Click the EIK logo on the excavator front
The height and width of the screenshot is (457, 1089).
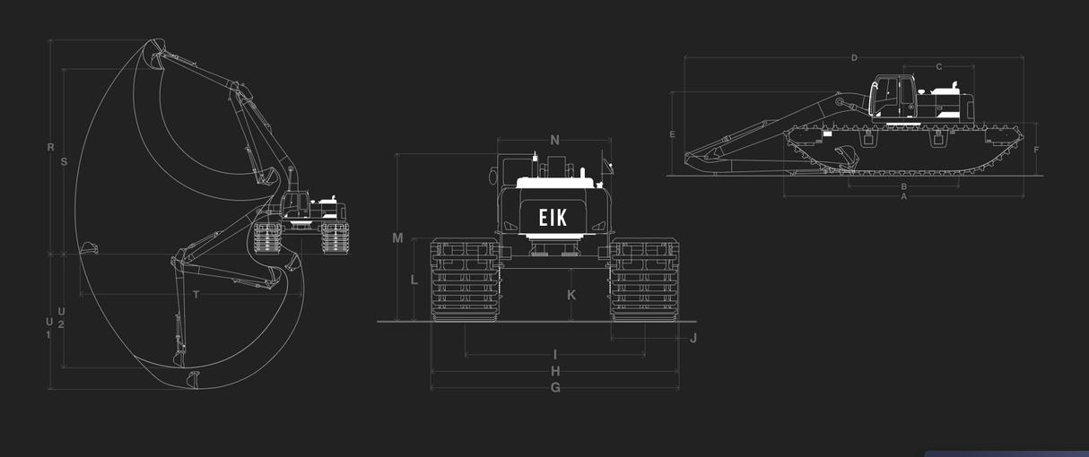(x=553, y=217)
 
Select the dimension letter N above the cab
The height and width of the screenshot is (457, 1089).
(x=554, y=140)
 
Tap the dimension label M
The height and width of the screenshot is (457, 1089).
(x=398, y=238)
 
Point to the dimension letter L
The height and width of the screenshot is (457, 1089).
(x=414, y=280)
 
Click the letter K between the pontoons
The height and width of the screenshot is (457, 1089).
(x=571, y=295)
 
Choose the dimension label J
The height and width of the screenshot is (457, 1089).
(x=693, y=338)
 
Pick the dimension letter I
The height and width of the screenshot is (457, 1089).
(x=555, y=355)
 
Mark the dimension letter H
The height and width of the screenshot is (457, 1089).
(x=555, y=371)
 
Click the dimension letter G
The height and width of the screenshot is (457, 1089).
(x=555, y=388)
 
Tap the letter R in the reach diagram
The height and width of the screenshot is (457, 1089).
(x=50, y=147)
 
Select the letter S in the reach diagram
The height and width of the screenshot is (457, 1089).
(x=64, y=162)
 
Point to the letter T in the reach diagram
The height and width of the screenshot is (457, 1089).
(x=196, y=295)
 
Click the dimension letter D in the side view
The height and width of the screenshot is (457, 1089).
(x=854, y=58)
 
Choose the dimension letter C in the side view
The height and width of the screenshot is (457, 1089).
(x=938, y=66)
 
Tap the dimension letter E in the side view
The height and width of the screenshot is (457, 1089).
(x=672, y=134)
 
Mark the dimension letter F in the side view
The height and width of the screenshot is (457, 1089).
(x=1036, y=150)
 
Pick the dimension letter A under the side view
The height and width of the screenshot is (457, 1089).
(x=903, y=195)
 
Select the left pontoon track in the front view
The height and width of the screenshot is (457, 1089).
(x=465, y=280)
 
